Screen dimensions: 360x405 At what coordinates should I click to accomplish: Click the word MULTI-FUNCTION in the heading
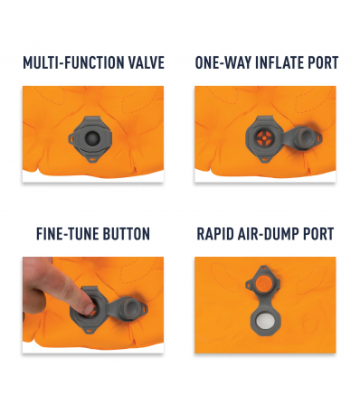tap(73, 62)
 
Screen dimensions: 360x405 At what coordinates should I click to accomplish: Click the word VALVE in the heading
tap(147, 62)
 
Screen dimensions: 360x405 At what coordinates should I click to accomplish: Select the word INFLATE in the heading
tap(279, 62)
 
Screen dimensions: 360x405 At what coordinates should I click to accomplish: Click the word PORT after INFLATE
tap(323, 62)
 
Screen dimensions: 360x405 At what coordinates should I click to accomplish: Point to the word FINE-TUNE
tap(67, 234)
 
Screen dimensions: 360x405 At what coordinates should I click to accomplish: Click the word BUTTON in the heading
tap(127, 234)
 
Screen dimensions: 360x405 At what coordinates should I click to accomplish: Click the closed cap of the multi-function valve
tap(92, 138)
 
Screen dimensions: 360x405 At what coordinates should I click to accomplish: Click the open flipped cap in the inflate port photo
tap(304, 136)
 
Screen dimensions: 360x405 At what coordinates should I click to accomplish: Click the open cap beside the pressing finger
tap(129, 308)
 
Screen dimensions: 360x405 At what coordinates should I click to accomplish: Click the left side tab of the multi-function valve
tap(71, 138)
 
